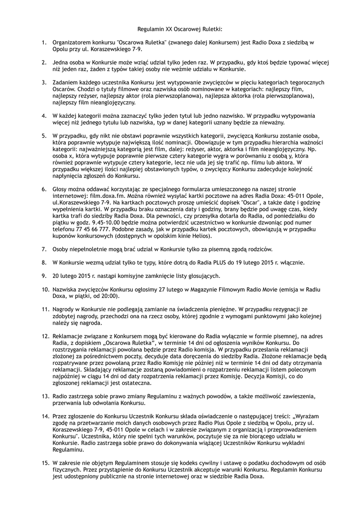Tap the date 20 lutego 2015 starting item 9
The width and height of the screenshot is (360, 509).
(74, 275)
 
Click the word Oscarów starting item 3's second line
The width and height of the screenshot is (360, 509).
(65, 88)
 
